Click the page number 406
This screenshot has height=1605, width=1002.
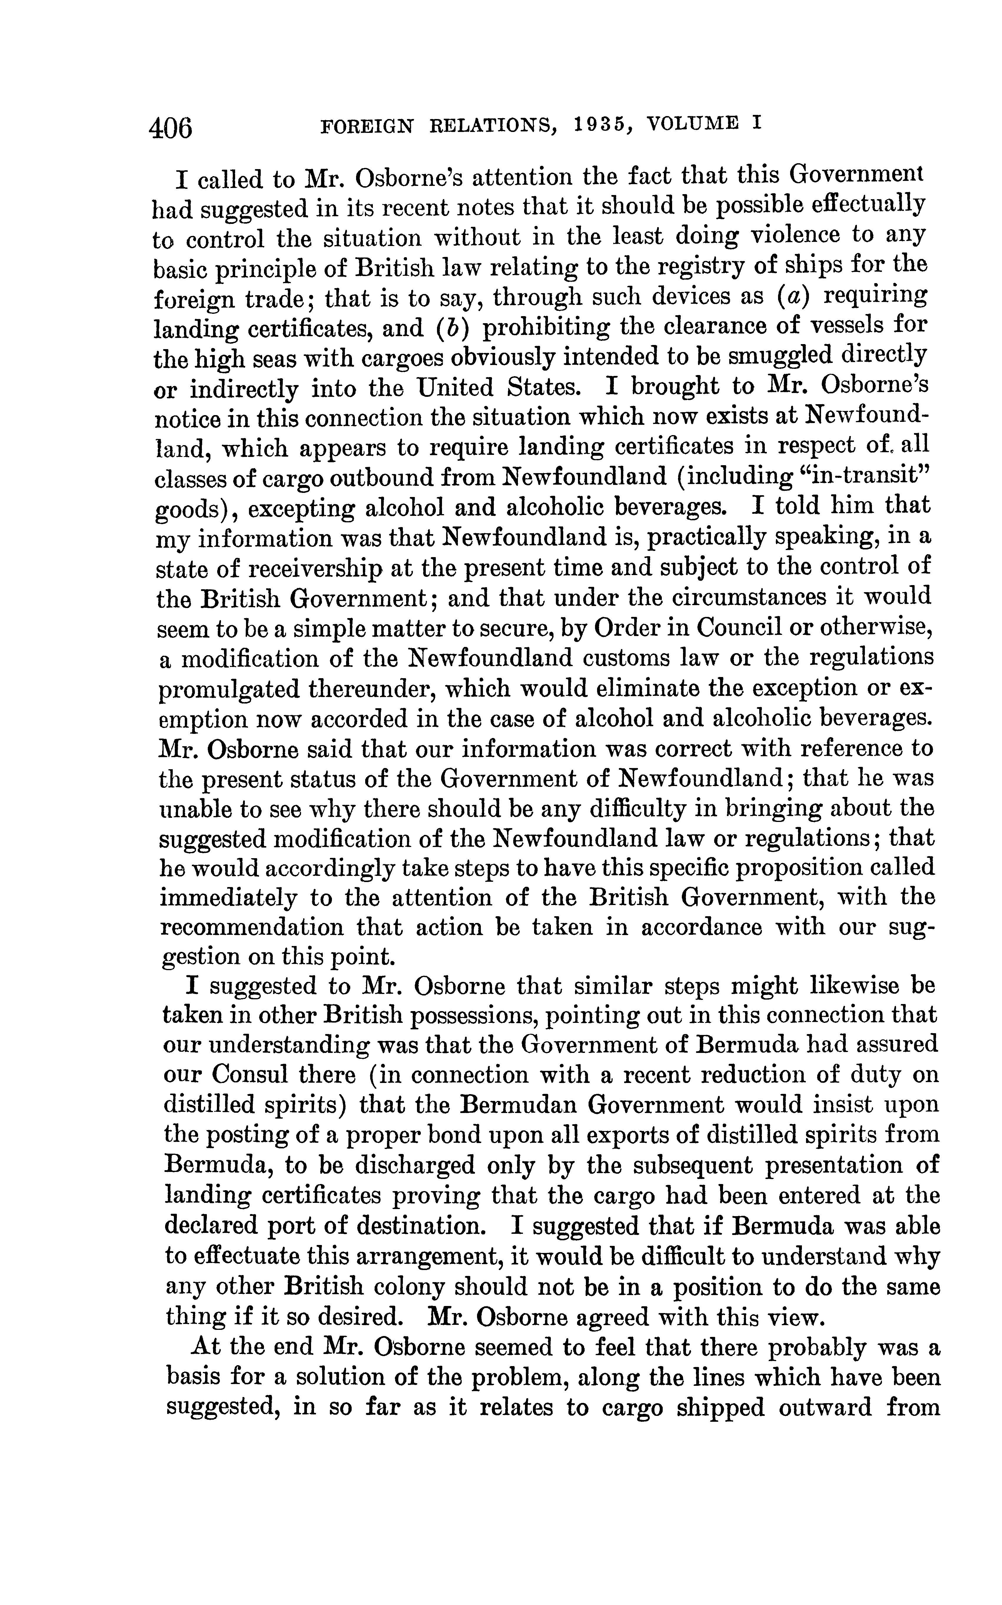tap(171, 126)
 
